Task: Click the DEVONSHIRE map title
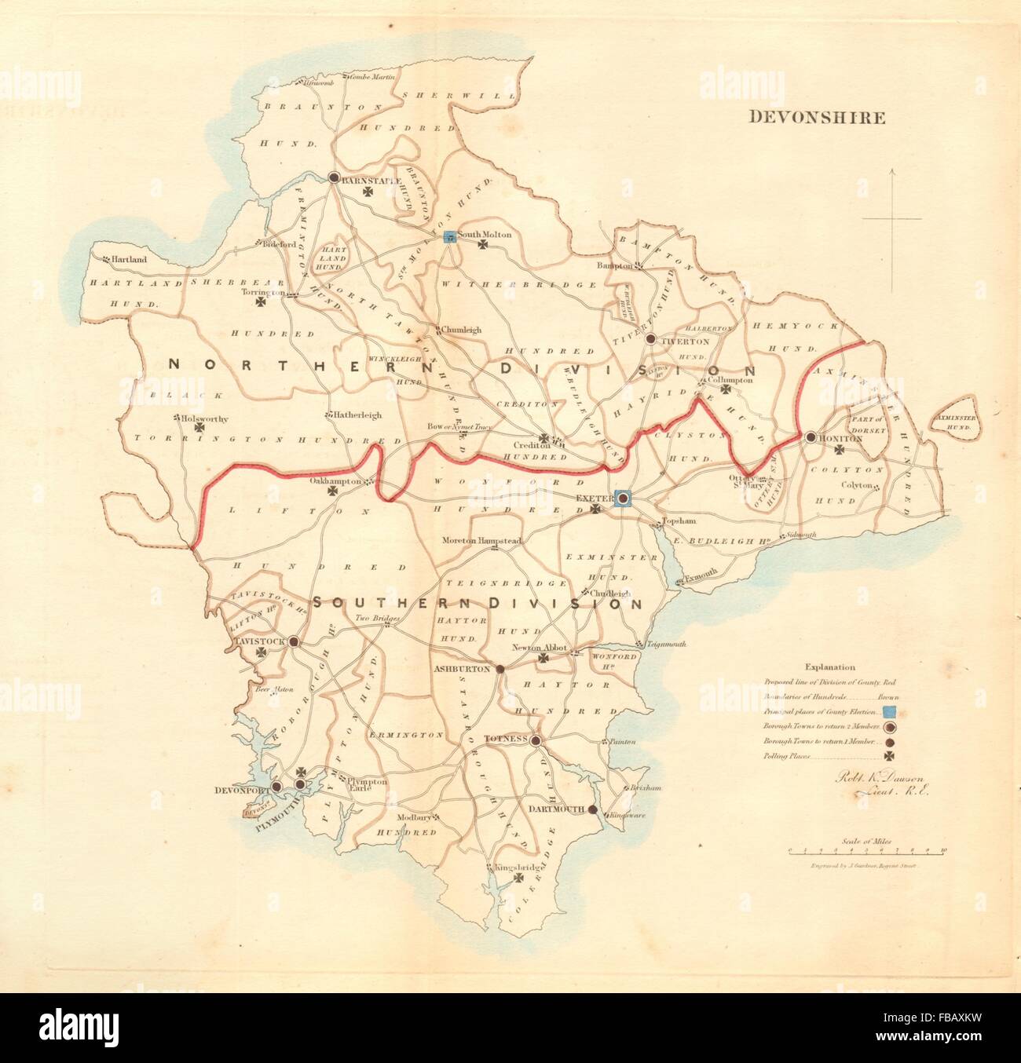pyautogui.click(x=816, y=119)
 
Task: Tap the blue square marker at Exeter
pyautogui.click(x=623, y=498)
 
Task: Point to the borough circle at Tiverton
pyautogui.click(x=650, y=339)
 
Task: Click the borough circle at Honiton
pyautogui.click(x=809, y=437)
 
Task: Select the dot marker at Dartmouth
pyautogui.click(x=593, y=810)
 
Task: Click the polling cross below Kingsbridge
pyautogui.click(x=518, y=881)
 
